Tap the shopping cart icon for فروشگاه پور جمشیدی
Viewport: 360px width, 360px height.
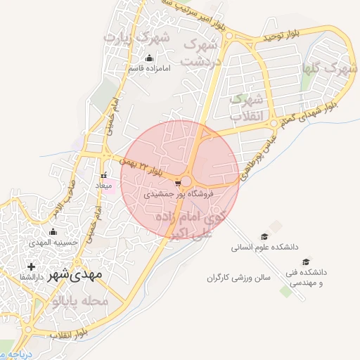coord(178,182)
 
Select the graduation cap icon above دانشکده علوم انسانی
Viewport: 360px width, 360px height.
coord(264,237)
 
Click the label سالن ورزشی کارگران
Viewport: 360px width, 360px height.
coord(238,278)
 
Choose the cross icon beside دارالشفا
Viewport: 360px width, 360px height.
coord(30,266)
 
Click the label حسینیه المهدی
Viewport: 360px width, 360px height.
coord(53,242)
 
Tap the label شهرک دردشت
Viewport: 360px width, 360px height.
coord(199,52)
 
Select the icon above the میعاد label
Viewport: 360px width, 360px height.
coord(103,176)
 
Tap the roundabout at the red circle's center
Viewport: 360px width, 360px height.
coord(188,179)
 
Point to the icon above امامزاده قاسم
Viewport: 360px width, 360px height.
coord(148,58)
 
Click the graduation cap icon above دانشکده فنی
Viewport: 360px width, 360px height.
coord(306,262)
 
